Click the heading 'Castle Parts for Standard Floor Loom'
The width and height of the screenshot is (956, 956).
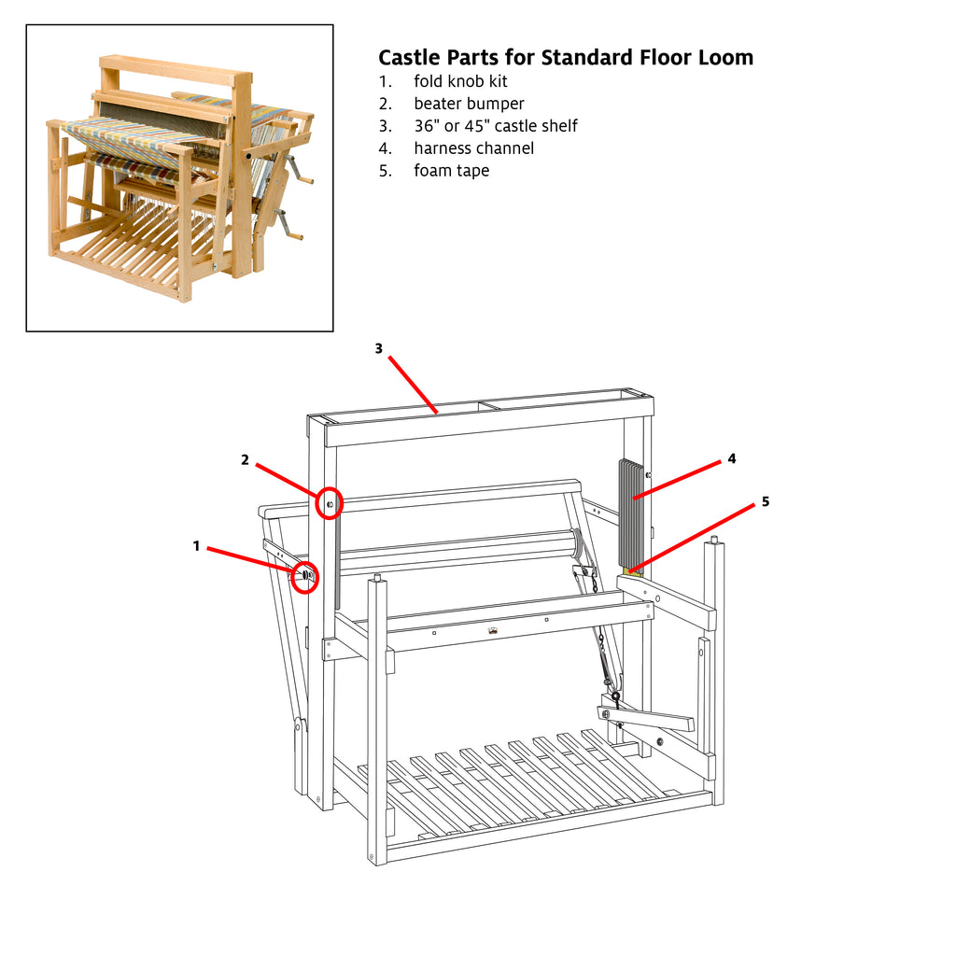pos(565,58)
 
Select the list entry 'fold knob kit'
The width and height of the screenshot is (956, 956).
pos(460,81)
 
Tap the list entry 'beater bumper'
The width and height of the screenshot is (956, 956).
pos(469,104)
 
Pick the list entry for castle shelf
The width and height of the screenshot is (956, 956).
pos(495,126)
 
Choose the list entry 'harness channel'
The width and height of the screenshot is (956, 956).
pos(473,148)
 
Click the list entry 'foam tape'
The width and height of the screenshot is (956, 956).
pos(451,171)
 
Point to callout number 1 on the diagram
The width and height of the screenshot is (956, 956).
pos(196,546)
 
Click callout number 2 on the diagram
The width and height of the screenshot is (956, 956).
pos(245,459)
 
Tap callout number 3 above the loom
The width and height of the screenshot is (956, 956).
pos(378,348)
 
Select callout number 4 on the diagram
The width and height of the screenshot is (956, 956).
pos(732,458)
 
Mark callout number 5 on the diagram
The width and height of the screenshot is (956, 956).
pos(766,501)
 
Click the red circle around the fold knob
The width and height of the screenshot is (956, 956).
pos(303,578)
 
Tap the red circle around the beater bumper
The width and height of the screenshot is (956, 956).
pos(330,503)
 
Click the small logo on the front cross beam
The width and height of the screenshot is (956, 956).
pos(492,632)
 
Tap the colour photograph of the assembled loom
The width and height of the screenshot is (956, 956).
pos(179,177)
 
